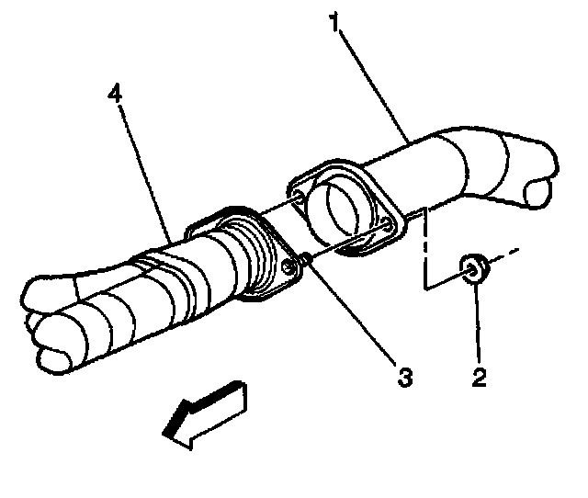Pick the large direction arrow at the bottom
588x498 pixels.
tap(205, 416)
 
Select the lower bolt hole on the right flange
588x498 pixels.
tap(390, 223)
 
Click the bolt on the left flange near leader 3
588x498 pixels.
tap(292, 266)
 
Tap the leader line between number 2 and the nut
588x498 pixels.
tap(476, 322)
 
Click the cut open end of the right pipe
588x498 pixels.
tap(538, 191)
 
